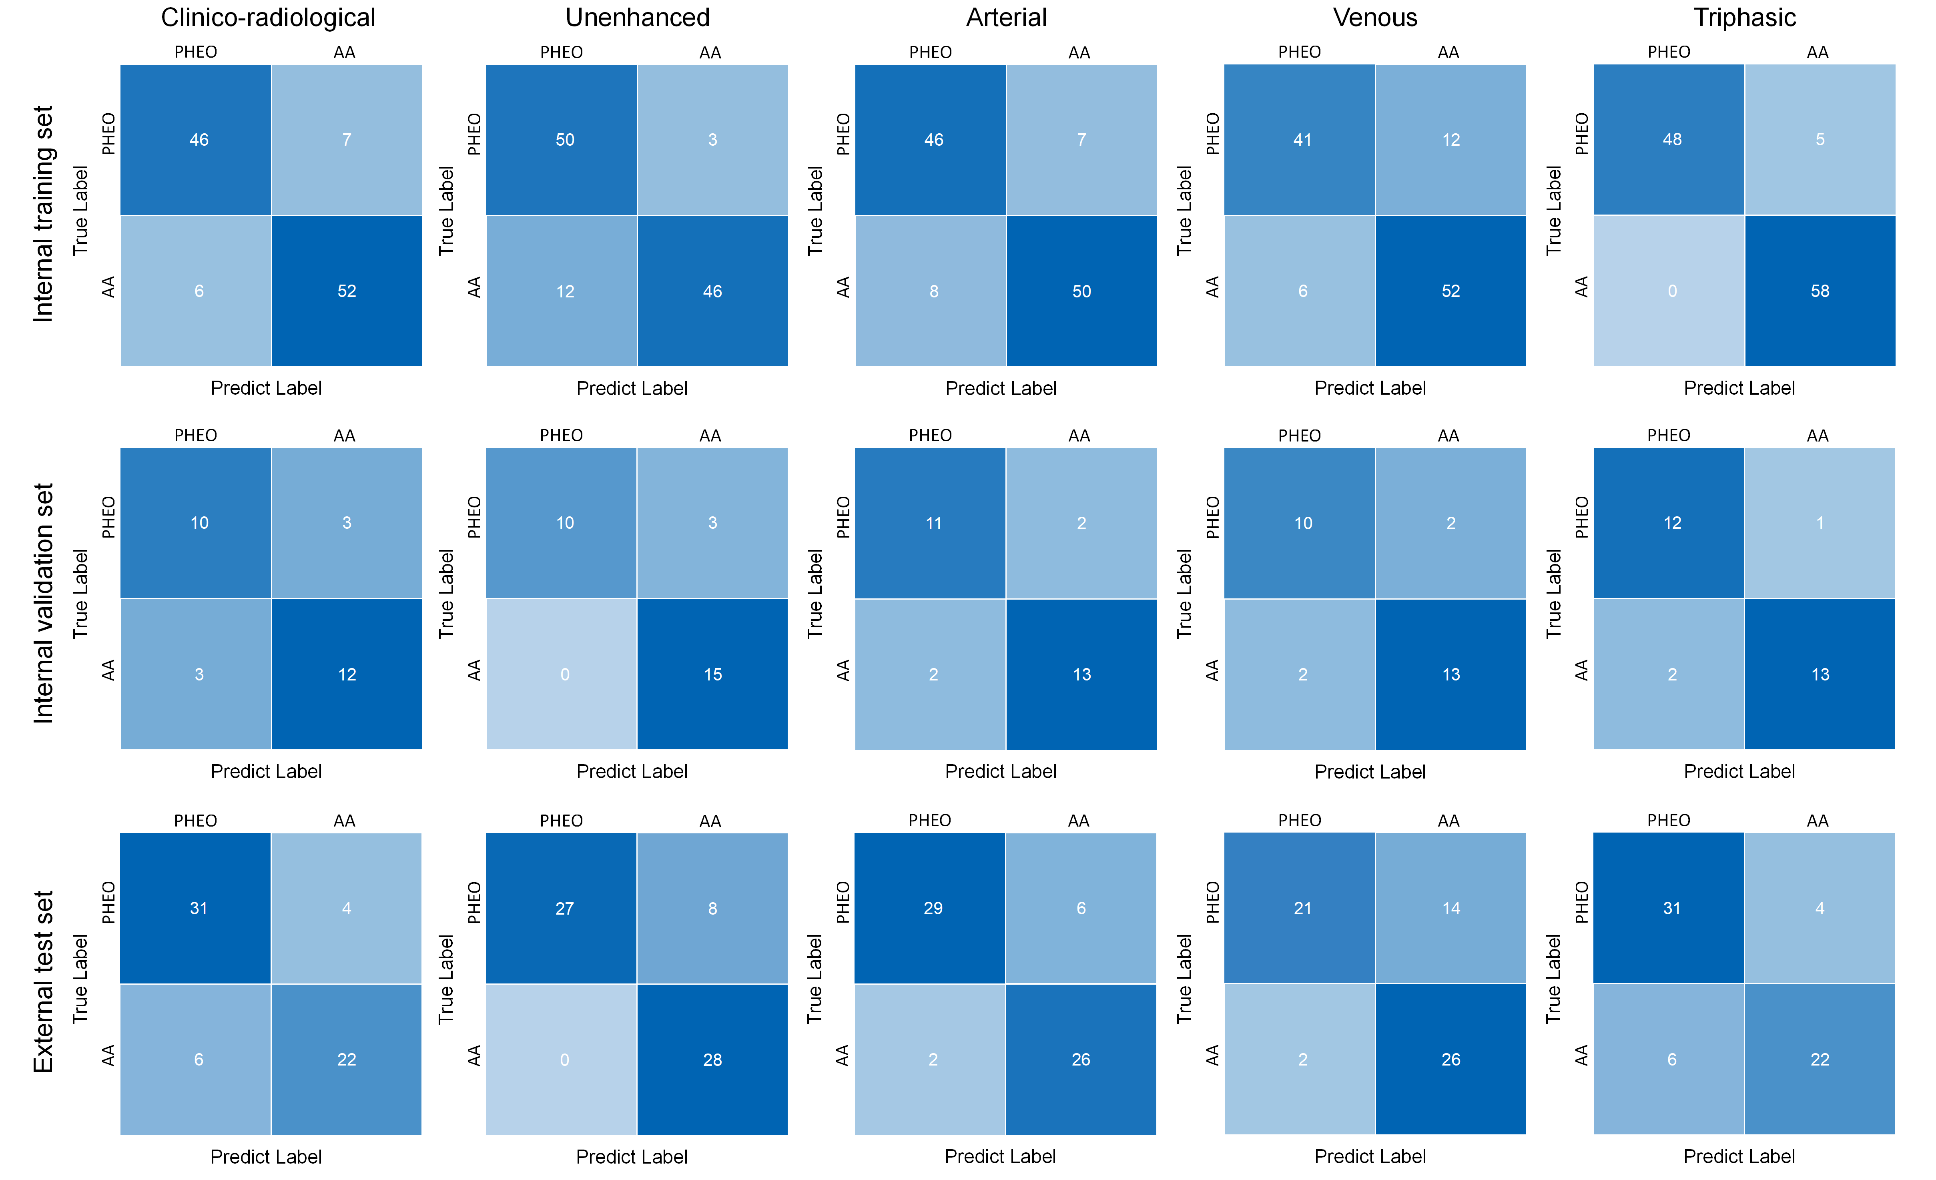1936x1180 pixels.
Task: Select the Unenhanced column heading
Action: [x=637, y=17]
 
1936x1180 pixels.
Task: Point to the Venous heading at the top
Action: [x=1375, y=17]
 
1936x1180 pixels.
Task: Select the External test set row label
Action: [x=43, y=982]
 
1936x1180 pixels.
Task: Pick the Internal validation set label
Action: [x=43, y=603]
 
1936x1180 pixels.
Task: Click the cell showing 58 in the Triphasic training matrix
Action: [x=1820, y=291]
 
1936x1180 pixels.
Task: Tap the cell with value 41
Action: [x=1300, y=140]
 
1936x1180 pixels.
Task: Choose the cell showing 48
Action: [x=1669, y=140]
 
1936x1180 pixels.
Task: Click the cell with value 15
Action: [x=713, y=674]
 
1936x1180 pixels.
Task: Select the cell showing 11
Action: [x=930, y=523]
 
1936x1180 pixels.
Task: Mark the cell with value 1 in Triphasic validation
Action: [x=1820, y=523]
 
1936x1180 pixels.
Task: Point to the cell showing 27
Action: [x=561, y=908]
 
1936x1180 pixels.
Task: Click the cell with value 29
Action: [x=930, y=908]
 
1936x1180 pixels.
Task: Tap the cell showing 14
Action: [x=1450, y=908]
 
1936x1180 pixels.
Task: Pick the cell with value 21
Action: [x=1300, y=908]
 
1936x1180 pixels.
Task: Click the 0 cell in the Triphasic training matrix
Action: [x=1669, y=291]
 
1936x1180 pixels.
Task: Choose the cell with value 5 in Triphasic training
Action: [x=1820, y=140]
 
